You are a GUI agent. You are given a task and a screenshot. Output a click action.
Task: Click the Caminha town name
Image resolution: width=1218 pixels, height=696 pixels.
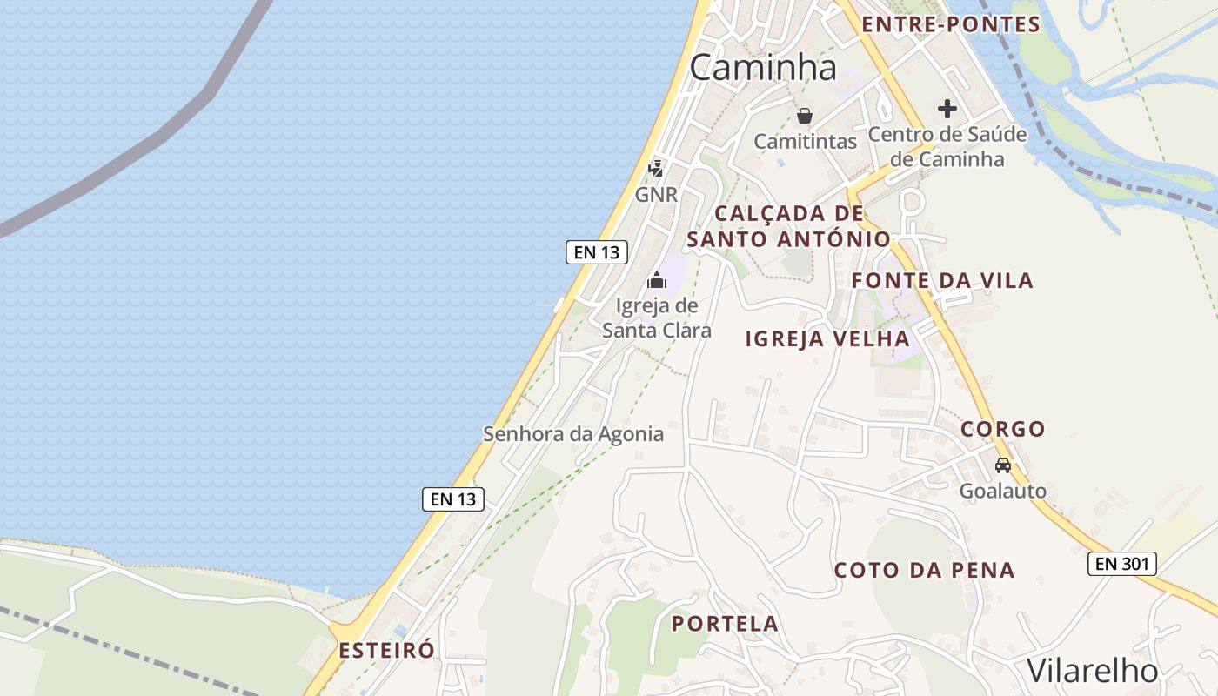763,67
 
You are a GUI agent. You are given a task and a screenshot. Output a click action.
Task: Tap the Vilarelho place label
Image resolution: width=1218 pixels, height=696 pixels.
1093,671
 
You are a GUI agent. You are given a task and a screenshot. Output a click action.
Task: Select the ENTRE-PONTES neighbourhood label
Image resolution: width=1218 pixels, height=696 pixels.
951,24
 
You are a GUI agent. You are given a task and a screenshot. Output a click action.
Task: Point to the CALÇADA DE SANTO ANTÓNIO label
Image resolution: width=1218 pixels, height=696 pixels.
788,226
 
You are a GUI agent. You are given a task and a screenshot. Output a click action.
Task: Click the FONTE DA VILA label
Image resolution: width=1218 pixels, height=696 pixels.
942,280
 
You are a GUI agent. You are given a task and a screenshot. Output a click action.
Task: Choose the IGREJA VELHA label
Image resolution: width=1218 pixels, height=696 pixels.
827,338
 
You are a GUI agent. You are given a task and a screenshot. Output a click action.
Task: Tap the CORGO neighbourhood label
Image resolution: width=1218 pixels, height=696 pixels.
1002,429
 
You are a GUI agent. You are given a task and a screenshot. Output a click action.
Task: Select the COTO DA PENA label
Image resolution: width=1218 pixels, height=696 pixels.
924,570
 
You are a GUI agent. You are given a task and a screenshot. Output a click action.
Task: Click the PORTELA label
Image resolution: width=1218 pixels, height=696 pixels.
725,624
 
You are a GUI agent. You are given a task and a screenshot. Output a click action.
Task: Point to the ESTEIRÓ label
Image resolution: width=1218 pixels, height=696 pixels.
386,650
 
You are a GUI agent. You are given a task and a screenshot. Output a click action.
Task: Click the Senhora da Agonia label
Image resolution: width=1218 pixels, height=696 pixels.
573,434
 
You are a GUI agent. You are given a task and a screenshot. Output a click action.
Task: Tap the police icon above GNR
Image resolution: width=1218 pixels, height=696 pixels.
656,168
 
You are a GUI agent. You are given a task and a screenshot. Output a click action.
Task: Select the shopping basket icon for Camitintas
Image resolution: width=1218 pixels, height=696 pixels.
805,116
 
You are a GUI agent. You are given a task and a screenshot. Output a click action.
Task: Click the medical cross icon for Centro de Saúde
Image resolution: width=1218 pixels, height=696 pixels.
947,109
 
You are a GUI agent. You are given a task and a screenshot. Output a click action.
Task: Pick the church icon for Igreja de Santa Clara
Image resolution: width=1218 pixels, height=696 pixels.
657,280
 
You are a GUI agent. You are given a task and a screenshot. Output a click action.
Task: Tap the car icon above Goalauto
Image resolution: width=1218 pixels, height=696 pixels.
1003,465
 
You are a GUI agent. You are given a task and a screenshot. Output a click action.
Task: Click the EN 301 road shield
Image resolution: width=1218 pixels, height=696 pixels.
1121,564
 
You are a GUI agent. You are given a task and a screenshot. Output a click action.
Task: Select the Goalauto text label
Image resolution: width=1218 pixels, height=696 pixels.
1003,492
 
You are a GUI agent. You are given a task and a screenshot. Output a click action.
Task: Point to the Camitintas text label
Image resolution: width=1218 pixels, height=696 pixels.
805,141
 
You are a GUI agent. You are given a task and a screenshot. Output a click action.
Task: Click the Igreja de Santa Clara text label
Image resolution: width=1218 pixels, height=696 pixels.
657,318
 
